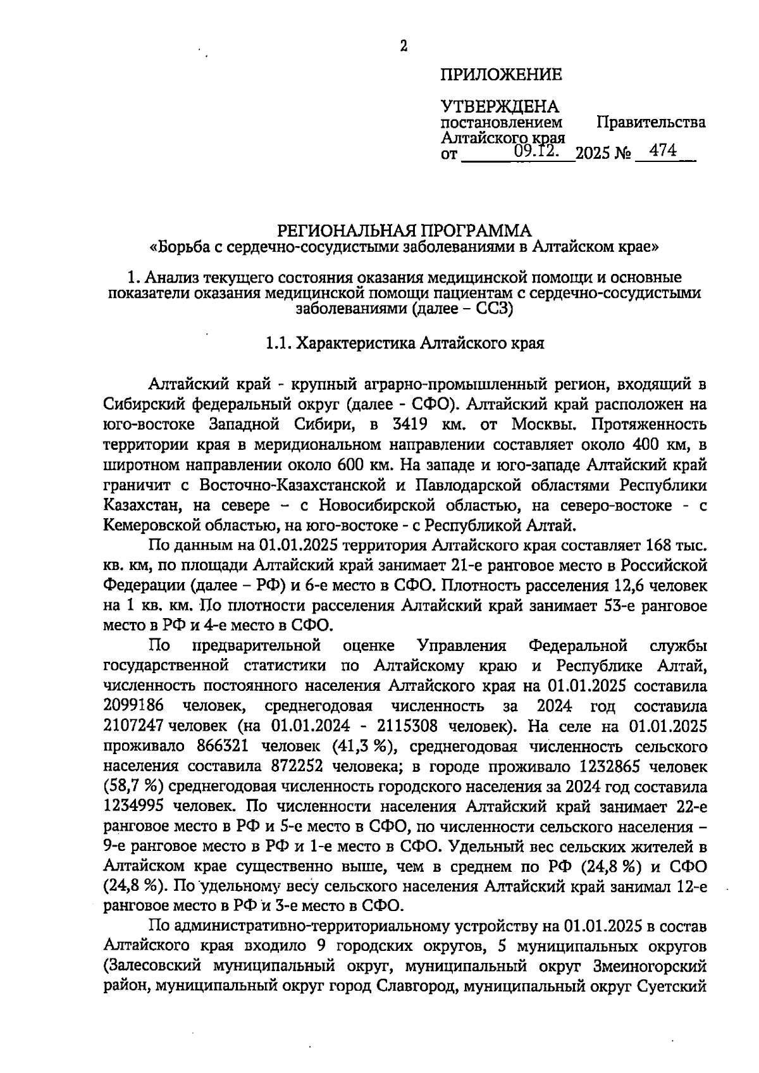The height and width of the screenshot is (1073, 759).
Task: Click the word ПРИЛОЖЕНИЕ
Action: click(x=501, y=75)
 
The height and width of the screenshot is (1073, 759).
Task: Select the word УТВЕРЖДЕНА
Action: click(x=499, y=106)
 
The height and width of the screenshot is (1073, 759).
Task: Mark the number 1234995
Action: click(x=133, y=807)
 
